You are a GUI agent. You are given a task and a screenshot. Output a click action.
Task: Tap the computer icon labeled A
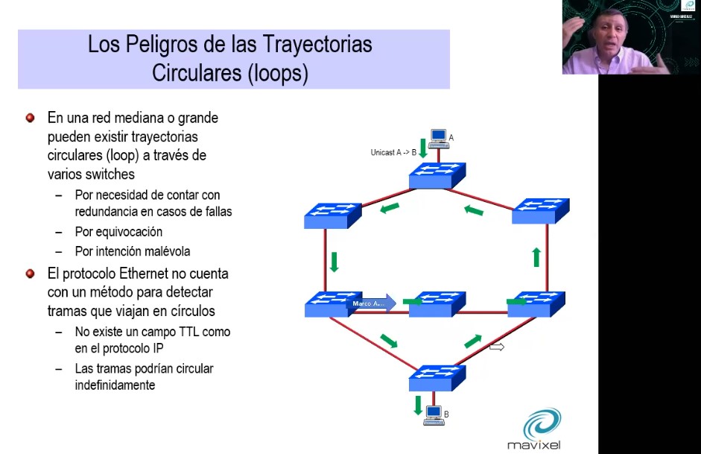tap(438, 138)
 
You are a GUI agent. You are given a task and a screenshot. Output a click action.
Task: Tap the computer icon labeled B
tap(433, 415)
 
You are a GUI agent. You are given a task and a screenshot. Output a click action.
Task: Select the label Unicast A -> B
tap(393, 153)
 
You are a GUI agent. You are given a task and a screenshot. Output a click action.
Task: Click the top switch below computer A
tap(437, 176)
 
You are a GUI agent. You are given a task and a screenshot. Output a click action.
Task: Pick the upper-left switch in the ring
tap(332, 215)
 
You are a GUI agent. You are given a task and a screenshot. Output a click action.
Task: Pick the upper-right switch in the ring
tap(541, 211)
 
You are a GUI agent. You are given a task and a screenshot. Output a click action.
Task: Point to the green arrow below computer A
tap(422, 147)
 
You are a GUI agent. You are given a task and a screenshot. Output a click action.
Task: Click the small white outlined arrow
tap(496, 347)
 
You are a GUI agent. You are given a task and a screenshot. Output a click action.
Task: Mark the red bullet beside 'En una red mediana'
tap(31, 118)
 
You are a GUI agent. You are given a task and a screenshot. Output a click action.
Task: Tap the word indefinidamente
tap(115, 385)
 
